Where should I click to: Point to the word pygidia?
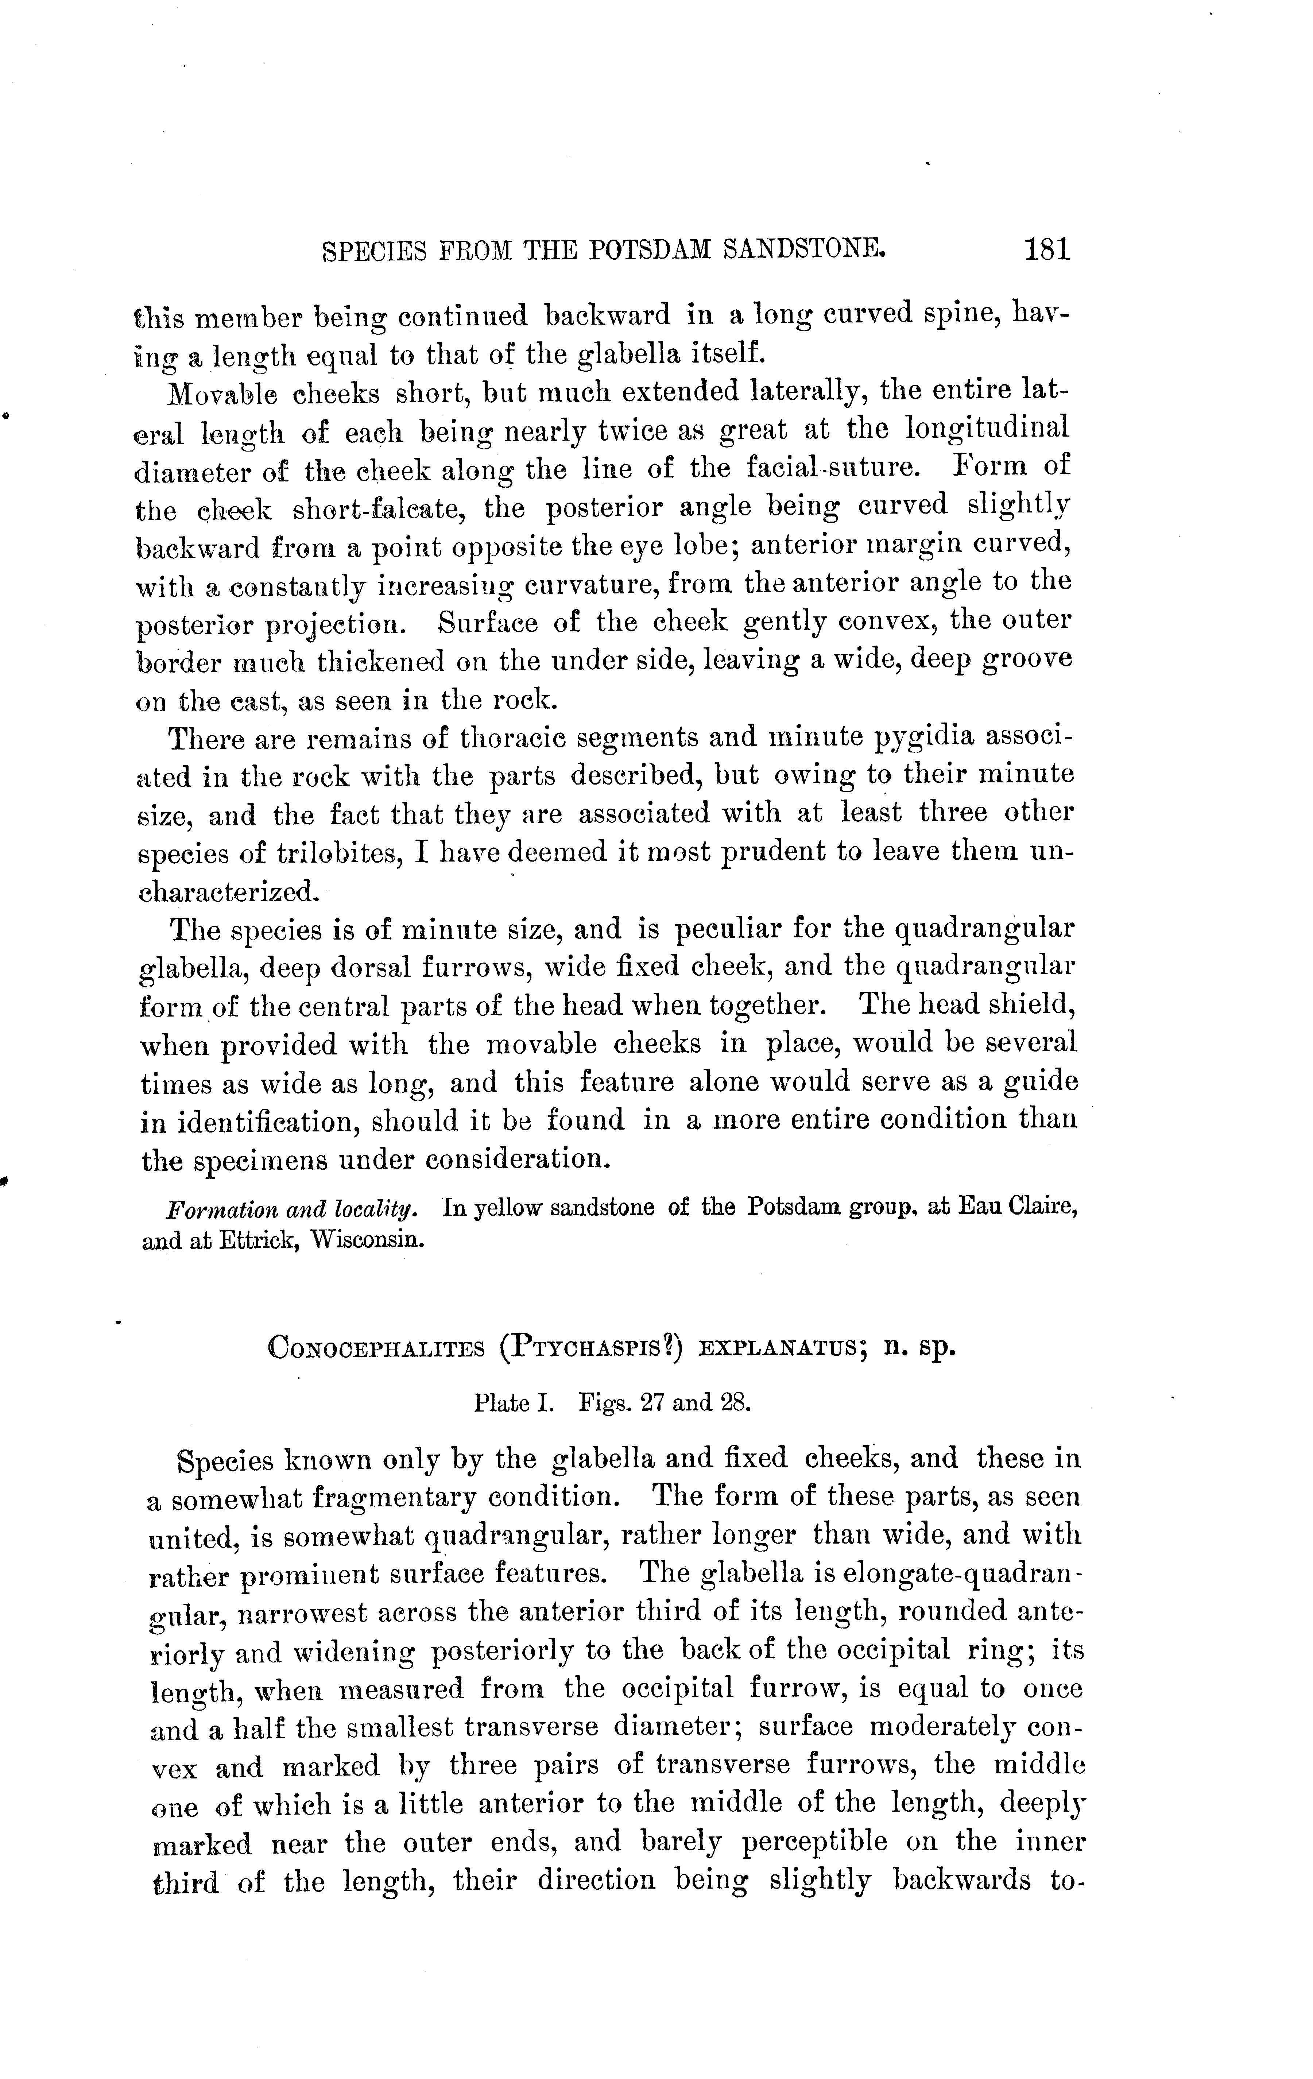(925, 739)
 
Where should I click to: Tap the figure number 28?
(736, 1403)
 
